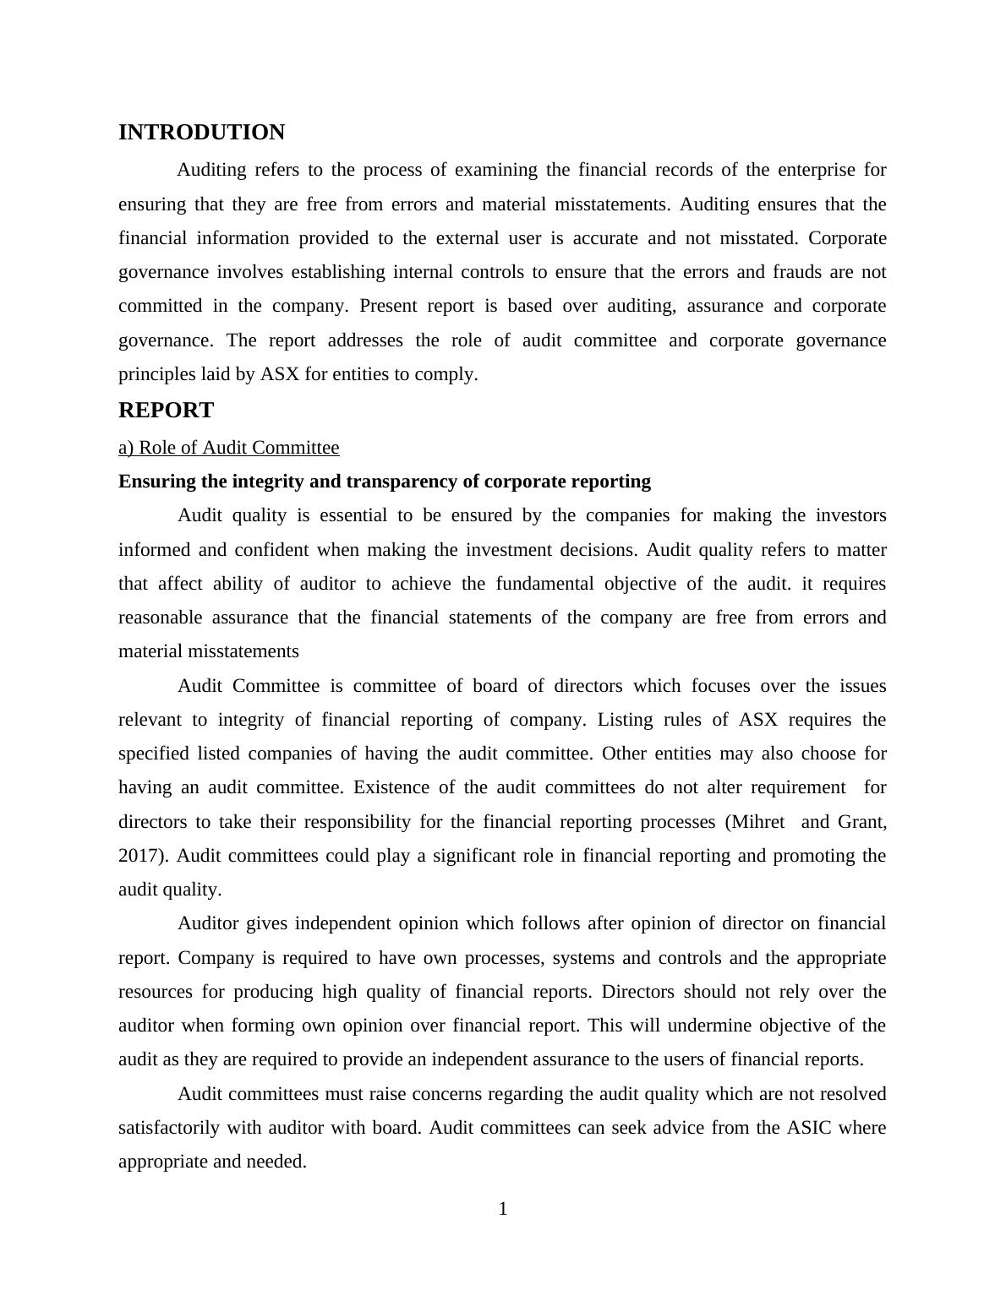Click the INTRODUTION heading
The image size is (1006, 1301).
(201, 133)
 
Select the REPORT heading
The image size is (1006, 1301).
(166, 411)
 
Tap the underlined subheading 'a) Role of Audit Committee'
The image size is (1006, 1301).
(228, 448)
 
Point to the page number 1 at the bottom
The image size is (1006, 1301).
(503, 1210)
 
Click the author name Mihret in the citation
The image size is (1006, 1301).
(757, 822)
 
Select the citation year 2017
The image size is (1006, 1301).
(143, 856)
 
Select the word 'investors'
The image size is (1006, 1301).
(850, 515)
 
